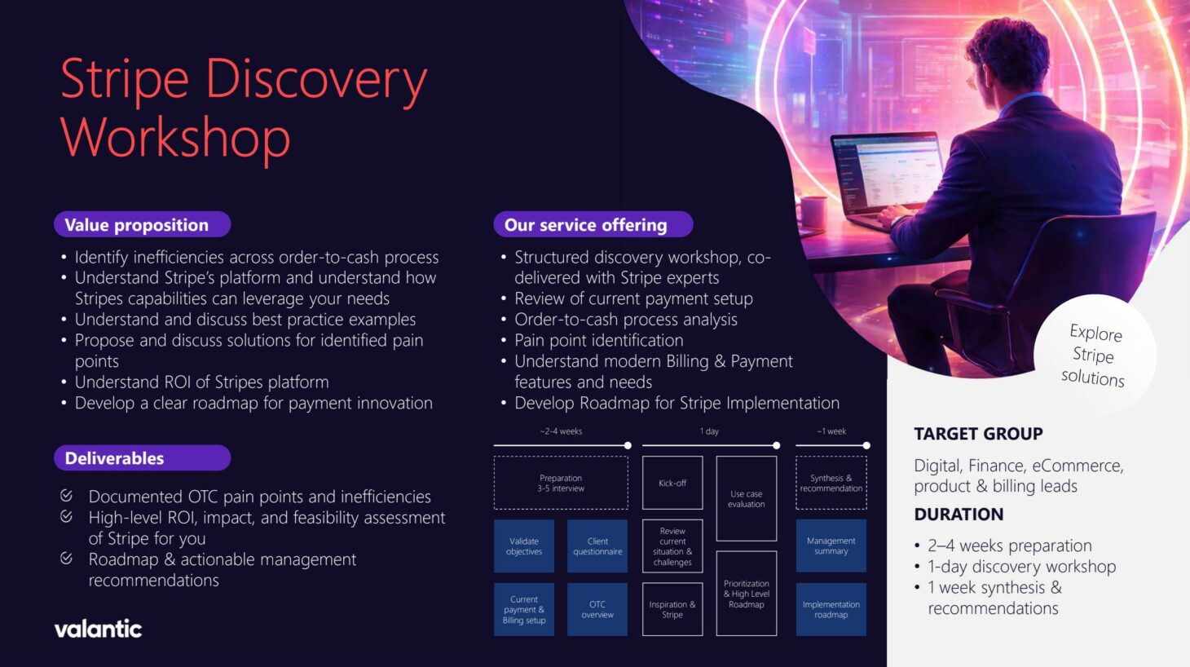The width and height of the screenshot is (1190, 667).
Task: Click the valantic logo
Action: click(x=98, y=629)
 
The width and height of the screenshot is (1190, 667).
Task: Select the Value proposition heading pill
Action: click(x=142, y=225)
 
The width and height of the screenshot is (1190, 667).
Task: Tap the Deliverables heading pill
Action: click(x=142, y=458)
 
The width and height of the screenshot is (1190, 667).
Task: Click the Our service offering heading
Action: click(x=593, y=225)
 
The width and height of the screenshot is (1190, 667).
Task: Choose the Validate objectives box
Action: click(x=524, y=546)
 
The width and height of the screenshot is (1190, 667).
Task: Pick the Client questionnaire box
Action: click(x=597, y=546)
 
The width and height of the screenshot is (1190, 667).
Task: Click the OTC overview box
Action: click(x=597, y=609)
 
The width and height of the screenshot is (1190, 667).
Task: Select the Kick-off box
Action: click(x=672, y=484)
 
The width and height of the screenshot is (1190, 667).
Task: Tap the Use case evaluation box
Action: click(x=746, y=498)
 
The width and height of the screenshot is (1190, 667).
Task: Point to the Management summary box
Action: click(x=831, y=546)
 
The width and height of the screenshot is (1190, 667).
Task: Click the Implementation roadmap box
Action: click(x=831, y=609)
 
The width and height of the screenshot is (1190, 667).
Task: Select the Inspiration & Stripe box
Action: click(x=672, y=609)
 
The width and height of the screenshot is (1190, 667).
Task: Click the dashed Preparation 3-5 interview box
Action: click(x=561, y=484)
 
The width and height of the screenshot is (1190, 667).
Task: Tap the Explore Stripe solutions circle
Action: click(x=1094, y=356)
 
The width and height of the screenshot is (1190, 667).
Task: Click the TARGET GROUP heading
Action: click(x=978, y=434)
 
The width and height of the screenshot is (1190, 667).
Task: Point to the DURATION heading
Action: click(x=959, y=515)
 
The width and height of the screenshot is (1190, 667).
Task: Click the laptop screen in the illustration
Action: click(x=880, y=171)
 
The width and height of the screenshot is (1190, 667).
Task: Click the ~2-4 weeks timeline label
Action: click(x=561, y=431)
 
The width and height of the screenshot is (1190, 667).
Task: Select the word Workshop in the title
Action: click(x=175, y=137)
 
